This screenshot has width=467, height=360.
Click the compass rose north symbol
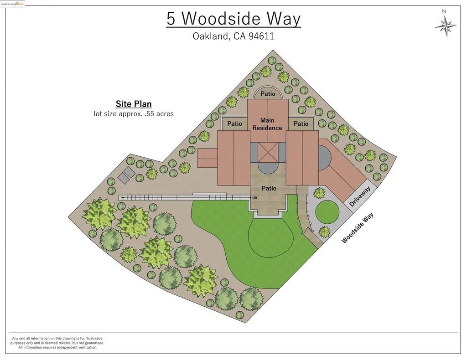[446, 26]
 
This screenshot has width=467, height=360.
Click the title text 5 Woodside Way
[233, 19]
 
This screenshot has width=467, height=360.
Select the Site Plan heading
[134, 104]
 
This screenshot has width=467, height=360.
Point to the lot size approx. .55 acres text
[134, 113]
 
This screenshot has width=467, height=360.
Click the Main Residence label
[267, 124]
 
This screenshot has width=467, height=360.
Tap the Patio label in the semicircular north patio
[268, 94]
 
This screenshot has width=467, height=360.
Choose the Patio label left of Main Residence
[234, 123]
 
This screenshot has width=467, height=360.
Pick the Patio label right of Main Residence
[301, 123]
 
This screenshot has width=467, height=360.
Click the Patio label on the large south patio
[269, 188]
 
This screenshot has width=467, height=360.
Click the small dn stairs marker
[255, 197]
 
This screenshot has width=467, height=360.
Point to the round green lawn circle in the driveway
[327, 212]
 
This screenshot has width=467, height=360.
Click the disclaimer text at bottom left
[57, 343]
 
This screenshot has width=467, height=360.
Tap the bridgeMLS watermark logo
[13, 4]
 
